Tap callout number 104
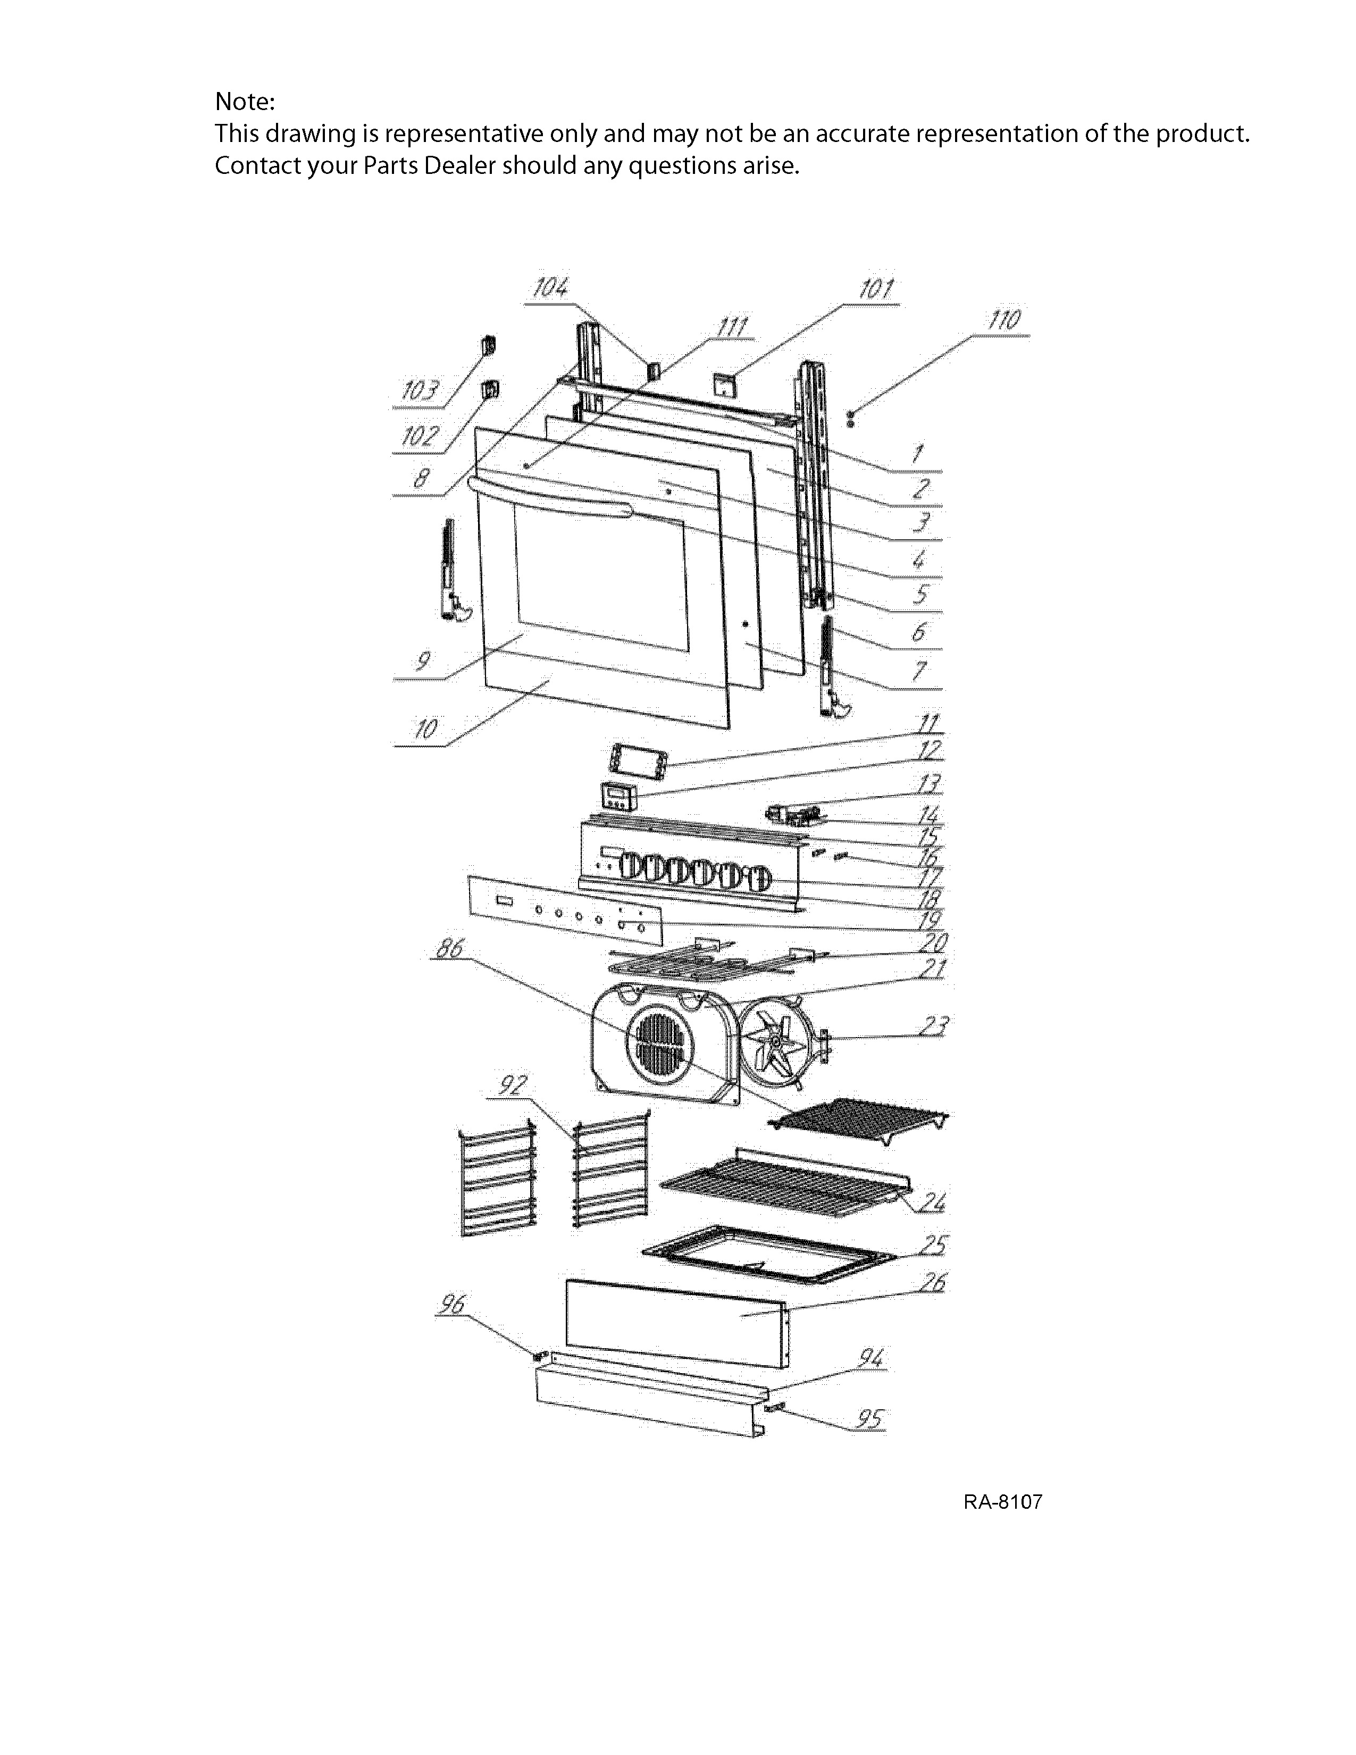coord(550,288)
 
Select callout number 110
coord(1004,320)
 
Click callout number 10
coord(426,729)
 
